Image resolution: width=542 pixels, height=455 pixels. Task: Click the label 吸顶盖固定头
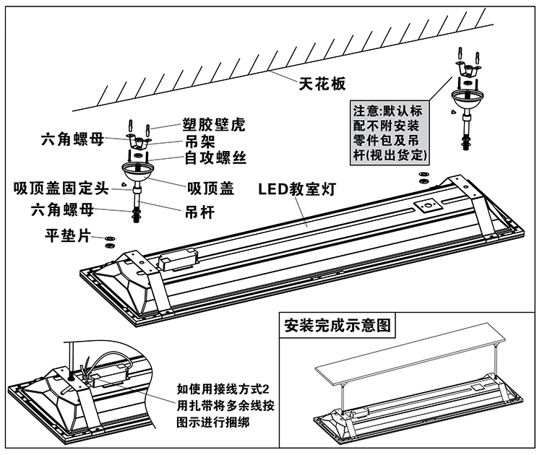point(61,189)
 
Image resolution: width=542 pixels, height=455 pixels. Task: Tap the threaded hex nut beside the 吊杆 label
point(137,214)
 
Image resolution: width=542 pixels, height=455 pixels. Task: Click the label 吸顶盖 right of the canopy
point(210,188)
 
